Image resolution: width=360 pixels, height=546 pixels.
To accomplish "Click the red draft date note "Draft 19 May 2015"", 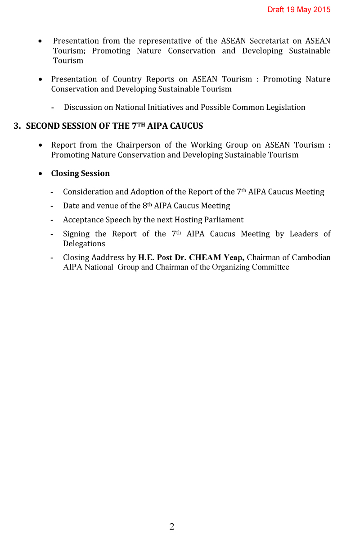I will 299,9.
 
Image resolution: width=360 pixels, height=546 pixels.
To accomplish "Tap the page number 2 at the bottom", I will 172,527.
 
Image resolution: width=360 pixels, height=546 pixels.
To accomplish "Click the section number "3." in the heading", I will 17,126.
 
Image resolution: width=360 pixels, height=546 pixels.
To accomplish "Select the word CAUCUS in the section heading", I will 186,126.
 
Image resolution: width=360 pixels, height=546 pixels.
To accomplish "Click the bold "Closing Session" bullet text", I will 80,173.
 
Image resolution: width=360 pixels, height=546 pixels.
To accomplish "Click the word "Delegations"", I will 84,244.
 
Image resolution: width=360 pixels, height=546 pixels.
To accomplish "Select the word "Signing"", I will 76,234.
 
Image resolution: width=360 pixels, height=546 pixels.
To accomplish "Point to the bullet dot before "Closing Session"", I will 41,173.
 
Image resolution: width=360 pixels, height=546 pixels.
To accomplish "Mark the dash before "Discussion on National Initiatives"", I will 53,108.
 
